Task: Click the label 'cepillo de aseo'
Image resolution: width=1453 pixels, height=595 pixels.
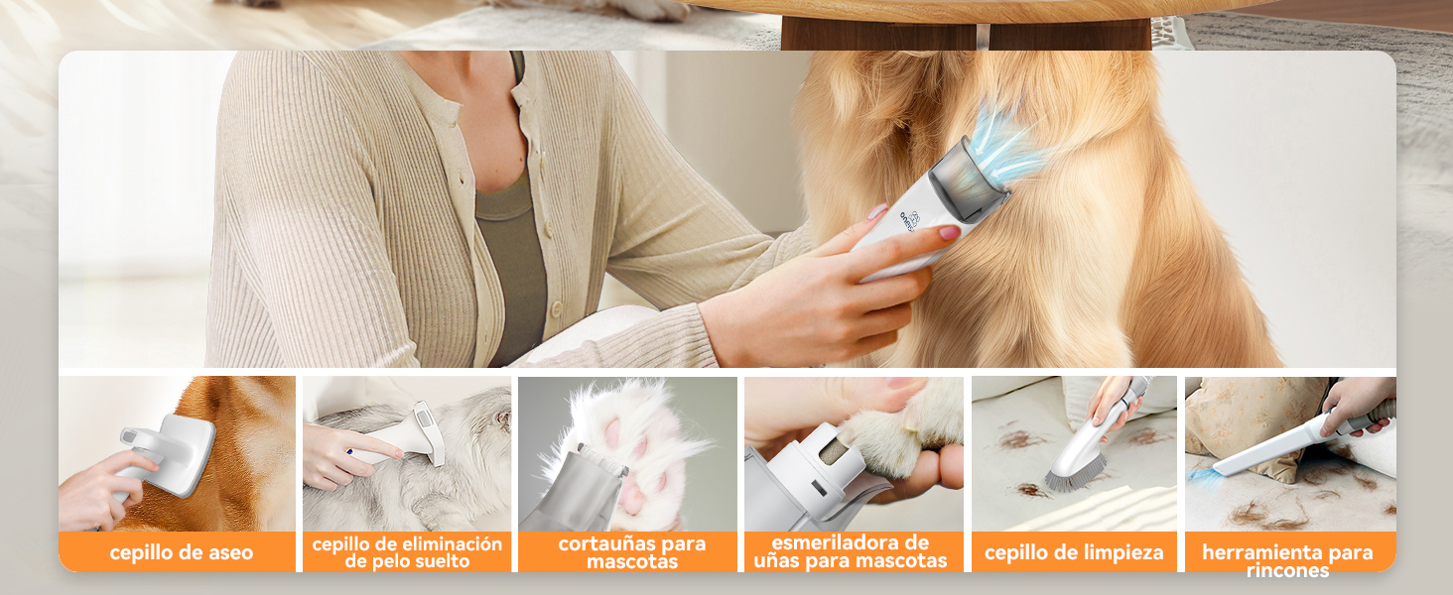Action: [x=181, y=552]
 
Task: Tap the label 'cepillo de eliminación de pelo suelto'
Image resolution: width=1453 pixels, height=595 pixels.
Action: [x=407, y=552]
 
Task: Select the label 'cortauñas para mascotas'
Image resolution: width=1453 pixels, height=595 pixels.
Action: [x=632, y=552]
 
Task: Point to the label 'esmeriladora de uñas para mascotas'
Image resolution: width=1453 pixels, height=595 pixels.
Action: [x=850, y=551]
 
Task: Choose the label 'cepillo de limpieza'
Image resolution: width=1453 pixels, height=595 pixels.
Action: [x=1074, y=552]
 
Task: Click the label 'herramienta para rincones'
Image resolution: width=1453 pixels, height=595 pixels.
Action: [x=1287, y=560]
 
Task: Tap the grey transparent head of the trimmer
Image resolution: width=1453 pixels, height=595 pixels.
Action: [x=968, y=175]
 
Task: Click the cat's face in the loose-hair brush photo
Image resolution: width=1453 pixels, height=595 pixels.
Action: [x=499, y=418]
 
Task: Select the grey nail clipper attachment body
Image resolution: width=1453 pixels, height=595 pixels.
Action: [x=571, y=489]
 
